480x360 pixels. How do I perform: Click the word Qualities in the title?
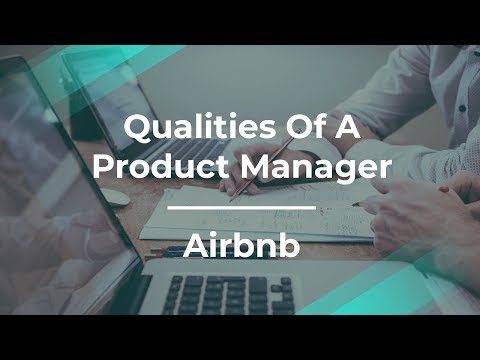[181, 129]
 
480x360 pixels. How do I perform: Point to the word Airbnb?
[239, 246]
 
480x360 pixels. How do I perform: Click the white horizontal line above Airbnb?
[239, 208]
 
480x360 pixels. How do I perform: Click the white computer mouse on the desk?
[114, 196]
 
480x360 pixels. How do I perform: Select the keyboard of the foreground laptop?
[230, 294]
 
